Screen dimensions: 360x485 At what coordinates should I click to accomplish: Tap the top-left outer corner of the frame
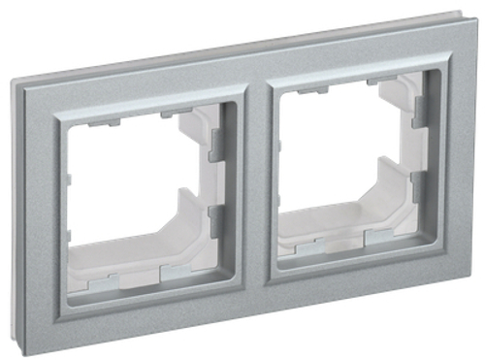[x=14, y=80]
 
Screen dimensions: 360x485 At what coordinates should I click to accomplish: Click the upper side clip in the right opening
[x=419, y=108]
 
